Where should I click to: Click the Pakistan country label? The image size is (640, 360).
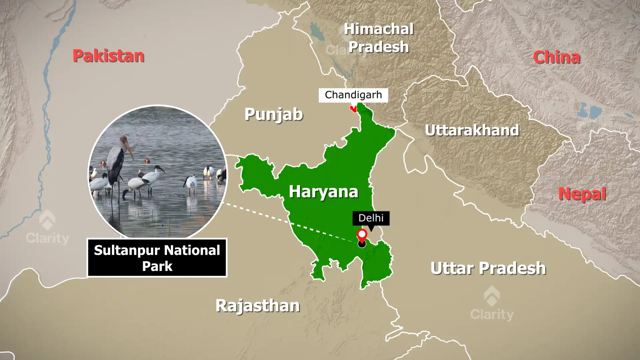tap(108, 56)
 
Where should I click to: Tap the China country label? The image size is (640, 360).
tap(556, 57)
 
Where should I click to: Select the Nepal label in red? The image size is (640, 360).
tap(582, 194)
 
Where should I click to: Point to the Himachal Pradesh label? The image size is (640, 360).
tap(379, 38)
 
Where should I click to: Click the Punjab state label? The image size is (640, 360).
tap(274, 114)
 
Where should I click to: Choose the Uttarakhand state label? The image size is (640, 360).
tap(472, 130)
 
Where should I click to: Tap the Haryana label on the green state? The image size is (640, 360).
tap(323, 191)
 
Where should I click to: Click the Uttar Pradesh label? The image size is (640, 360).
tap(488, 268)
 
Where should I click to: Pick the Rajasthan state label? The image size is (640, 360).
tap(257, 305)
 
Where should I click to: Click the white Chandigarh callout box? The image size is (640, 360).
tap(353, 95)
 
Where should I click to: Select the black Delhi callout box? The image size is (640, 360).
tap(371, 218)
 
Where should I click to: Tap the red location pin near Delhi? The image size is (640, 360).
tap(362, 235)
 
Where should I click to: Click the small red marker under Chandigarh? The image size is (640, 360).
tap(353, 109)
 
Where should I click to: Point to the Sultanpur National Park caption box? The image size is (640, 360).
tap(157, 258)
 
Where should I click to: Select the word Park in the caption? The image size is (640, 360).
tap(157, 266)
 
